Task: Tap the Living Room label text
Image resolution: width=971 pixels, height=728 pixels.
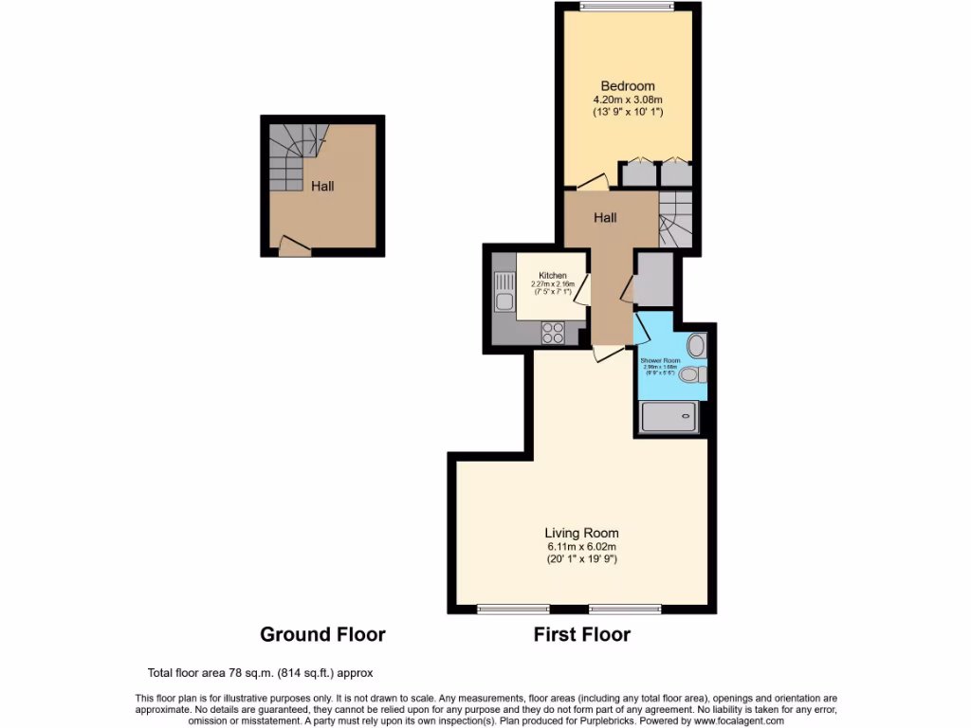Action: (x=581, y=533)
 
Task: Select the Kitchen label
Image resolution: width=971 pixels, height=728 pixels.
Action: (x=552, y=277)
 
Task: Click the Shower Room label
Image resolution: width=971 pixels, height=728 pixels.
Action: (x=660, y=361)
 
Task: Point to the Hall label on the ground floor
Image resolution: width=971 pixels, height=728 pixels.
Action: (x=322, y=187)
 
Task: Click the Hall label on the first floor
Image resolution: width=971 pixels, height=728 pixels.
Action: (x=605, y=218)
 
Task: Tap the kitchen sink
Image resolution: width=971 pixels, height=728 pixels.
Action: (x=503, y=291)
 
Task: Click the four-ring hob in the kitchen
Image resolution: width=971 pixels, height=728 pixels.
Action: (x=552, y=333)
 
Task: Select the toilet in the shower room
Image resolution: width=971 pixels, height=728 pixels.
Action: (x=693, y=374)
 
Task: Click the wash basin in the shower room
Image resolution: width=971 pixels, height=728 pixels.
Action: (x=696, y=343)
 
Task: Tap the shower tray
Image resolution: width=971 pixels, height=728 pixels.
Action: (x=670, y=416)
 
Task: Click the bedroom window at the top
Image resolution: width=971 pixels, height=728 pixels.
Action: (x=628, y=9)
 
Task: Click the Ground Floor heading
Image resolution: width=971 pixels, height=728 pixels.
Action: (x=322, y=634)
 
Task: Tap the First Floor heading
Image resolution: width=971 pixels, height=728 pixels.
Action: (x=581, y=634)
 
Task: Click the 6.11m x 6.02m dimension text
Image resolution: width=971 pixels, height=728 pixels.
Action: (x=581, y=546)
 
